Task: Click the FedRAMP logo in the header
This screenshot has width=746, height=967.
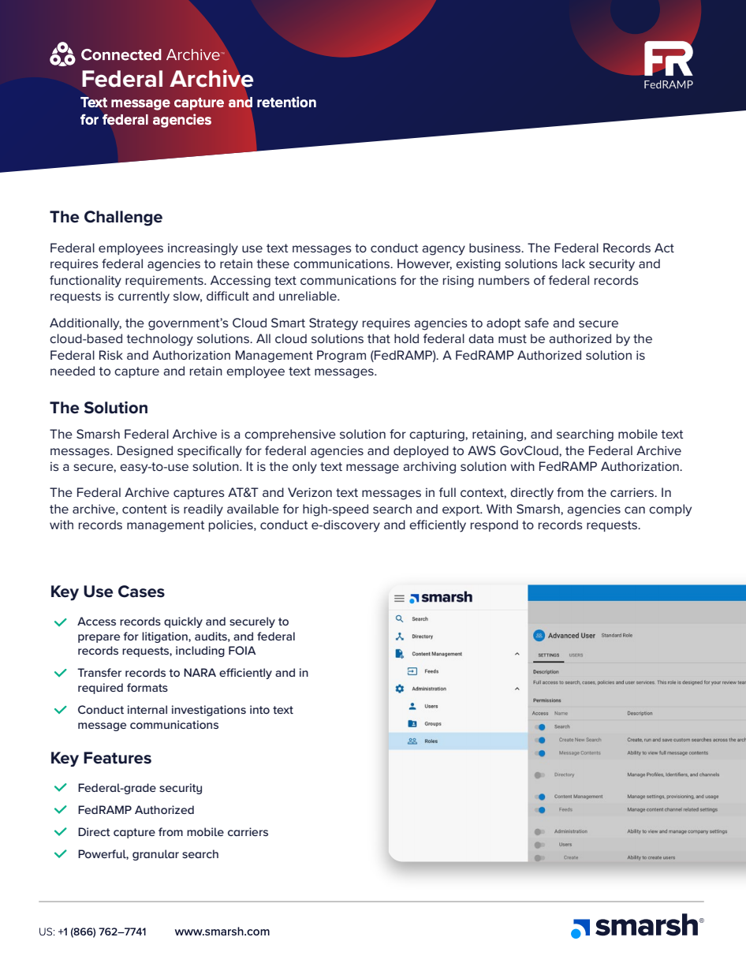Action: [668, 65]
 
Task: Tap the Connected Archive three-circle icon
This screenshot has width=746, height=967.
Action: [62, 54]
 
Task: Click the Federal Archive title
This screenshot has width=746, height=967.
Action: [167, 79]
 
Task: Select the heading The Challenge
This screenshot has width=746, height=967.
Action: [106, 217]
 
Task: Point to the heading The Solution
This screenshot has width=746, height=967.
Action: [99, 408]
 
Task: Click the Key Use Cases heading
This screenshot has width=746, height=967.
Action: [107, 592]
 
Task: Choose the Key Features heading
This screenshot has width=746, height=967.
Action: [100, 758]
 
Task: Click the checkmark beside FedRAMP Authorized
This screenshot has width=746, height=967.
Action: [60, 810]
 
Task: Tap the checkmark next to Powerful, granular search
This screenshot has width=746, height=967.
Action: [60, 854]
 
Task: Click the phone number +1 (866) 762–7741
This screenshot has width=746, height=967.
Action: [102, 932]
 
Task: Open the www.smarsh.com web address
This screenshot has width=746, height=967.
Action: [222, 932]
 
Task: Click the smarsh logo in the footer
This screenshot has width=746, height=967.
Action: [636, 927]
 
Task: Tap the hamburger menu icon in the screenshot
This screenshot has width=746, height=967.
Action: [399, 599]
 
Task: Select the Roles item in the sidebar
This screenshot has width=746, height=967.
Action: [431, 741]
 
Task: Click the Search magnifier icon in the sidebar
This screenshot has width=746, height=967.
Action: [400, 619]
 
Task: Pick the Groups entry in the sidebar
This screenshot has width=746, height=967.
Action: [432, 723]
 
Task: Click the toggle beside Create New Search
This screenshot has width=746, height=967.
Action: [540, 740]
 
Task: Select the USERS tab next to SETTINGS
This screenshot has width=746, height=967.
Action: [576, 655]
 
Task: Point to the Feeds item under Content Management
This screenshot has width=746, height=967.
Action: [431, 671]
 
